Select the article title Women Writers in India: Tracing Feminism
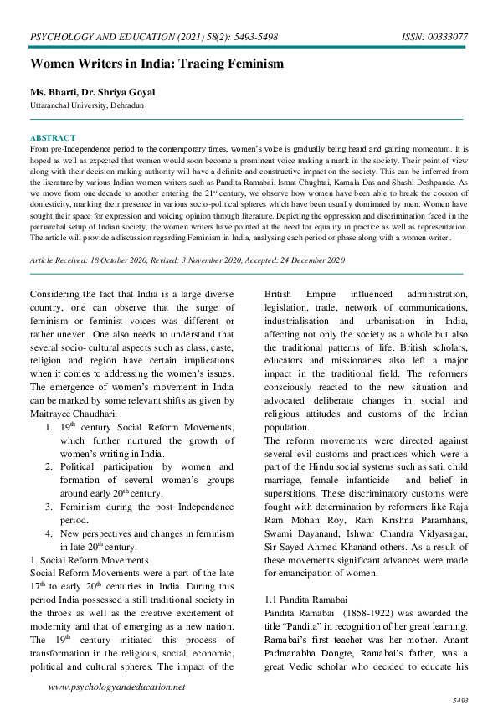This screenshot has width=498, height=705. (x=157, y=64)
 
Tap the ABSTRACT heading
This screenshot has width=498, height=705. (x=53, y=137)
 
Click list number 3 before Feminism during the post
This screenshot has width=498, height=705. (x=49, y=507)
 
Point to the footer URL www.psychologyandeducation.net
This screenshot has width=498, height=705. (x=117, y=687)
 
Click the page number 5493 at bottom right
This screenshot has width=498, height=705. (x=459, y=697)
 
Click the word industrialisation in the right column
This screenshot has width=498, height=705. (x=306, y=322)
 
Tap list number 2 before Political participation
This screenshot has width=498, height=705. (x=49, y=466)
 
